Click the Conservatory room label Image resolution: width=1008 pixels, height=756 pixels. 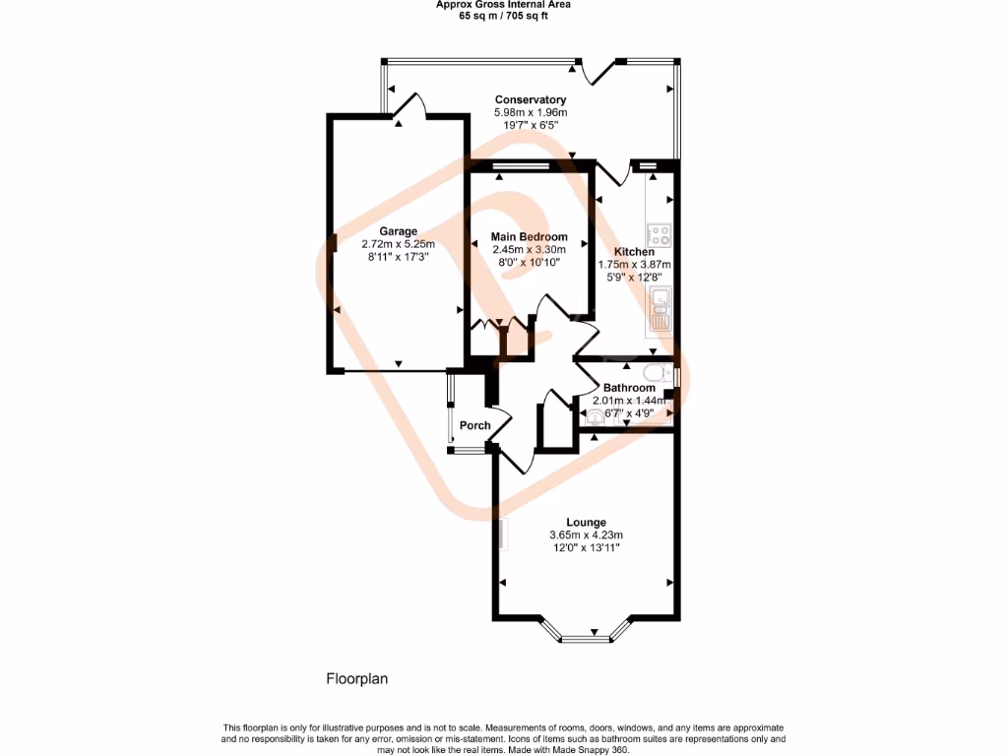[x=530, y=99]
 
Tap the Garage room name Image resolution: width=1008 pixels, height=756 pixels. [x=398, y=231]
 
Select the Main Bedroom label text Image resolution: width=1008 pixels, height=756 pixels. [x=530, y=237]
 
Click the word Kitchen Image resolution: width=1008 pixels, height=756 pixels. [x=634, y=252]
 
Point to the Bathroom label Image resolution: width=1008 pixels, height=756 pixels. [x=629, y=388]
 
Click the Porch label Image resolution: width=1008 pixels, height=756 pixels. [x=475, y=425]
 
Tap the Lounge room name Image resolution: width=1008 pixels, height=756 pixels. [x=586, y=522]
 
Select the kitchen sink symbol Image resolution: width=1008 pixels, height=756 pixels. [x=660, y=308]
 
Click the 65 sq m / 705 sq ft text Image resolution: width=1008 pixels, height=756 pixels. [x=503, y=15]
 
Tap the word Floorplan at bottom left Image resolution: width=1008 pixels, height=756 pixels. [x=357, y=678]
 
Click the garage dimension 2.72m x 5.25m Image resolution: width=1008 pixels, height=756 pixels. [x=398, y=244]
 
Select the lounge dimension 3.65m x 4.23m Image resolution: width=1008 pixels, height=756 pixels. [x=586, y=535]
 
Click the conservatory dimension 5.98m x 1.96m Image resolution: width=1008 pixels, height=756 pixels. [x=530, y=112]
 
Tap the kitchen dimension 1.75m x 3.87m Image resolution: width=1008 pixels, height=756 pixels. [x=634, y=265]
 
